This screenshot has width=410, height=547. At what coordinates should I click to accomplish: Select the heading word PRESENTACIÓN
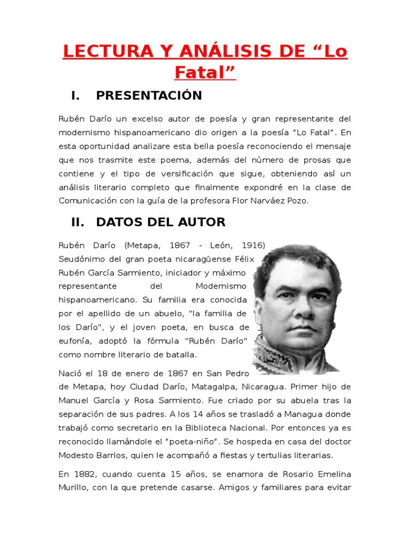[149, 96]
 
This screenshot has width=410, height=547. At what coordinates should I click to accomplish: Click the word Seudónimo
[81, 259]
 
